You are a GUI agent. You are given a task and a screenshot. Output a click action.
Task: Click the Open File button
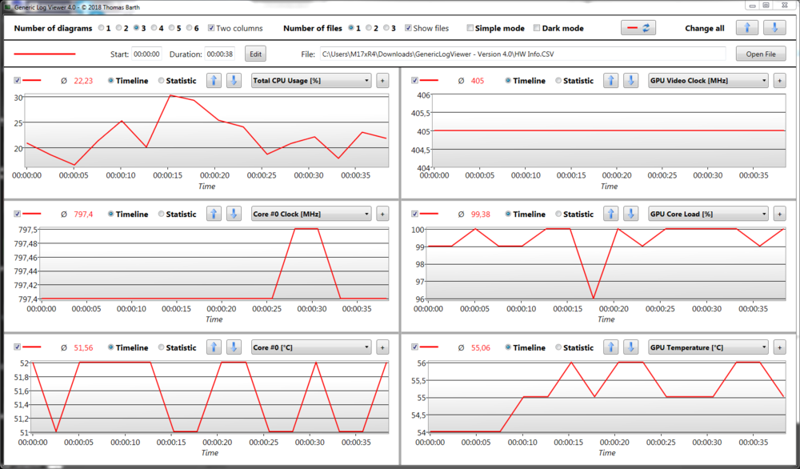click(x=761, y=54)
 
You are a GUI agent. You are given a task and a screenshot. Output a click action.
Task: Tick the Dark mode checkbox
click(x=536, y=28)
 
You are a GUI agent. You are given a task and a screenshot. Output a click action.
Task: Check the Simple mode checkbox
click(x=470, y=28)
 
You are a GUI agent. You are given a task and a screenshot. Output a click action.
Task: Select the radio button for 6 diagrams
click(x=188, y=28)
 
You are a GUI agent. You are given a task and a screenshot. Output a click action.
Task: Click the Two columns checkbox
click(x=211, y=28)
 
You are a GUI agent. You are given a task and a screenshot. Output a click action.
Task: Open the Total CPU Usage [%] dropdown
click(x=311, y=80)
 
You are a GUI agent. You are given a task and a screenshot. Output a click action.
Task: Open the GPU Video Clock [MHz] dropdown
click(x=708, y=80)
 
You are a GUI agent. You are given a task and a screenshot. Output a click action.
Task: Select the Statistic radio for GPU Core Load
click(x=560, y=214)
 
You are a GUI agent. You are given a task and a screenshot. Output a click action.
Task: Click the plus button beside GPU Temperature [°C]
click(x=781, y=347)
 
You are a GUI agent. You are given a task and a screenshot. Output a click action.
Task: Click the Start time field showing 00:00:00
click(x=146, y=54)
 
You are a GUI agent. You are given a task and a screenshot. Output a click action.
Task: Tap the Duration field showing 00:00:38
click(x=219, y=54)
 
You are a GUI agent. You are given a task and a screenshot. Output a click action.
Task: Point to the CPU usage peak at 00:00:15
click(x=170, y=95)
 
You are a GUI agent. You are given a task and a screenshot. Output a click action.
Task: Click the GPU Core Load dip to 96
click(x=593, y=299)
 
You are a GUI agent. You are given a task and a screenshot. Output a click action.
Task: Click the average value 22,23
click(x=83, y=81)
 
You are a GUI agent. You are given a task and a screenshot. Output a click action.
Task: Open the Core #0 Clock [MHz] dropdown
click(x=311, y=214)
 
